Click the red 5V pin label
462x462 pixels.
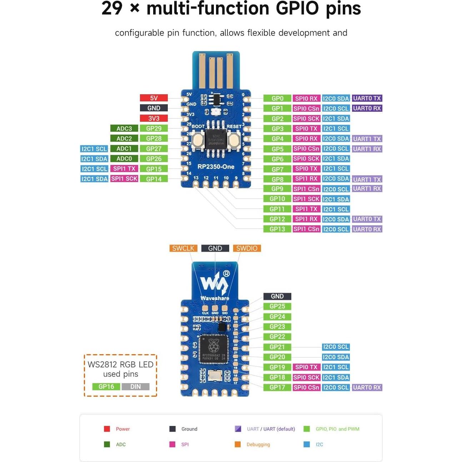[154, 98]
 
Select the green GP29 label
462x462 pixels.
[154, 129]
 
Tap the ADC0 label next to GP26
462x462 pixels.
[124, 159]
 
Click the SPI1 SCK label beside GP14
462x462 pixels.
[124, 179]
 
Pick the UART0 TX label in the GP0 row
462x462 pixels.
[367, 98]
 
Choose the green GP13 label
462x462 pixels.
[277, 229]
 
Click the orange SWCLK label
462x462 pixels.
[183, 248]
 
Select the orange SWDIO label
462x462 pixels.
[246, 248]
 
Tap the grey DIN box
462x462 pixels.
[135, 386]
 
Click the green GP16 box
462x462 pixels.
[106, 386]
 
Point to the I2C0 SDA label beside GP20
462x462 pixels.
[336, 357]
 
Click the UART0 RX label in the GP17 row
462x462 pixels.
[367, 387]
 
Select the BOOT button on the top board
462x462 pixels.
[198, 140]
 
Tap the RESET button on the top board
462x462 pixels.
[234, 140]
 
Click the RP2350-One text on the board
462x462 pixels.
[216, 167]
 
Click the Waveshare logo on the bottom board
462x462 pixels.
[215, 284]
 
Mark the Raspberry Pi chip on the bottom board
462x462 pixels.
[214, 348]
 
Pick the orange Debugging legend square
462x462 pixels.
[237, 444]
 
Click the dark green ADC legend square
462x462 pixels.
[107, 444]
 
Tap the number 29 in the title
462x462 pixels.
[112, 9]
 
